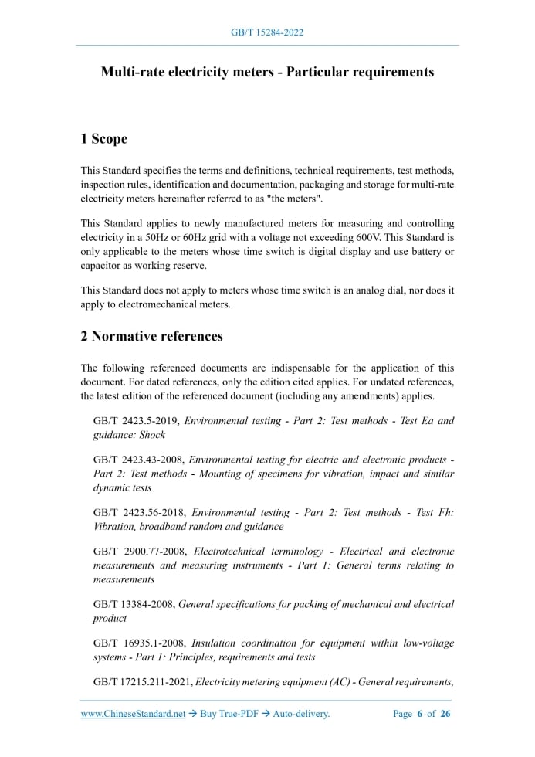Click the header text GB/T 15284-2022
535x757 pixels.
267,32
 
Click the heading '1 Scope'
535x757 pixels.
103,139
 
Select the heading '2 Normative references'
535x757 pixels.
151,336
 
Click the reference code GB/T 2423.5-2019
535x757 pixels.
136,421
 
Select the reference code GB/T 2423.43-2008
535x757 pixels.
139,460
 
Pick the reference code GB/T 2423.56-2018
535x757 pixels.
139,512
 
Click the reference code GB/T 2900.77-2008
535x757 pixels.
140,552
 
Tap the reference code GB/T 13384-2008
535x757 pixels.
134,604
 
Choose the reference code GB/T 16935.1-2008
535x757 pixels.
139,643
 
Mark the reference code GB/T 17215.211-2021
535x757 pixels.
143,682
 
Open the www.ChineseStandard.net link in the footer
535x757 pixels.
134,714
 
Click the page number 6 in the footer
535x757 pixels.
419,714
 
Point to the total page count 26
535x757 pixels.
445,714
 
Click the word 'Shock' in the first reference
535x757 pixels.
152,435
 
